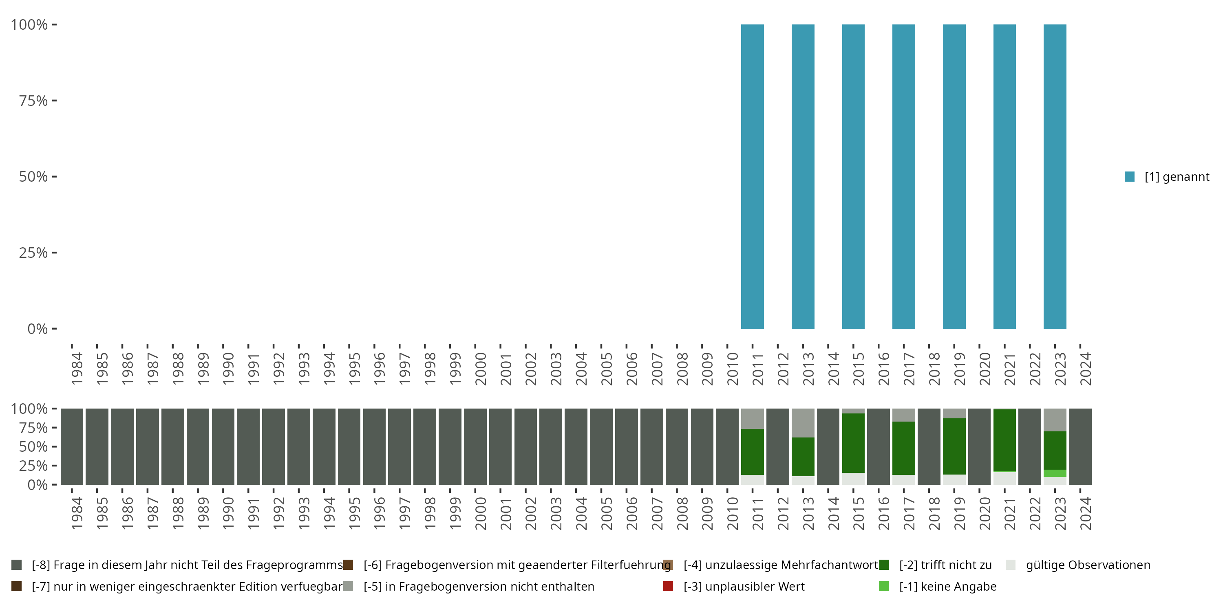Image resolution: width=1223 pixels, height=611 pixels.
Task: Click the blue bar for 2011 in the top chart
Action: click(752, 176)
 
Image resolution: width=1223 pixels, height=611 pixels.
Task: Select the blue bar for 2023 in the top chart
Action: click(1055, 176)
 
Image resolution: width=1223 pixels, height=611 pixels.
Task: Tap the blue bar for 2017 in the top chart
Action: click(903, 176)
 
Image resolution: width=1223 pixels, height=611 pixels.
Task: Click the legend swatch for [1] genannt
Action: click(1130, 176)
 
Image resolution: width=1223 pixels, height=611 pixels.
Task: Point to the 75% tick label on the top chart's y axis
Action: click(33, 101)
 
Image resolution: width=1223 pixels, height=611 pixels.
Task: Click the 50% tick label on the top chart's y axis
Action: click(33, 176)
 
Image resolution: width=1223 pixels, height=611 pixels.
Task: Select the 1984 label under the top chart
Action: click(77, 369)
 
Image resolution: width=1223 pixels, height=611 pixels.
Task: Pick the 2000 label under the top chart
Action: click(481, 369)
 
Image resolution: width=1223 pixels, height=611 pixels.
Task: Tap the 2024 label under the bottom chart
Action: click(1085, 513)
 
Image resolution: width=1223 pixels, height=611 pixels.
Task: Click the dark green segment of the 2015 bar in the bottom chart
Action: click(853, 443)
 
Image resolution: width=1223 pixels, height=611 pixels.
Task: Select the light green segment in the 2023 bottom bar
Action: click(1055, 473)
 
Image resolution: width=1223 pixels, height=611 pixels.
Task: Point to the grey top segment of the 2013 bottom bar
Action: click(803, 423)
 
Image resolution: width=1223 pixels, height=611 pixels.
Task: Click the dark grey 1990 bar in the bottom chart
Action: click(223, 446)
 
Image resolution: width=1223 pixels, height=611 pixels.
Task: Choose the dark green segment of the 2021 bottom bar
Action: click(1004, 440)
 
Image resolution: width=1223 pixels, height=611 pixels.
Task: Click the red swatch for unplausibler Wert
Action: click(668, 586)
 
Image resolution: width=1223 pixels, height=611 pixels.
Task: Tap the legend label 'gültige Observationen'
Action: click(1088, 565)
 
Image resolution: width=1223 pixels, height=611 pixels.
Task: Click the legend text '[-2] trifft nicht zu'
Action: click(945, 565)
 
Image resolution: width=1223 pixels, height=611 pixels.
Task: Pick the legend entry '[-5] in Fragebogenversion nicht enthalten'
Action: click(479, 586)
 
